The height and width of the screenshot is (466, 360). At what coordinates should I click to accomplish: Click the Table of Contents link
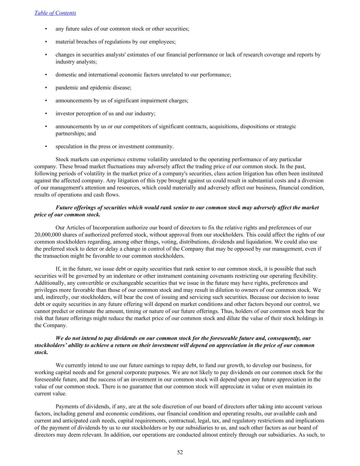(x=55, y=13)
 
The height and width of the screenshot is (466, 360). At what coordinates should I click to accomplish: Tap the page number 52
(x=180, y=452)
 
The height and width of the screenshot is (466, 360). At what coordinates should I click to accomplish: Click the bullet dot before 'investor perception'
(x=46, y=114)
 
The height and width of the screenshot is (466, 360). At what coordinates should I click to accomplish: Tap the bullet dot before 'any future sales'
(x=46, y=29)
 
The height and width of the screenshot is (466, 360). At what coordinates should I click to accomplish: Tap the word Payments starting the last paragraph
(x=67, y=407)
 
